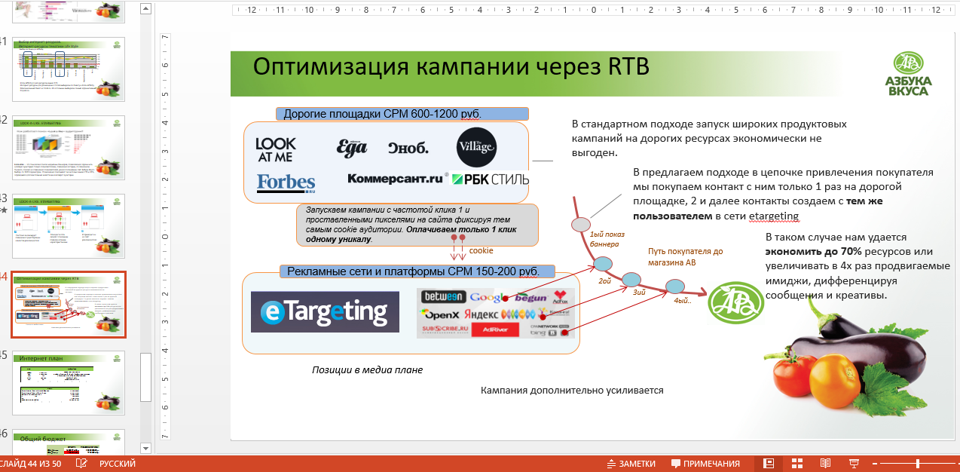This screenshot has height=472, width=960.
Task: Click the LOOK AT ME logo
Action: click(275, 149)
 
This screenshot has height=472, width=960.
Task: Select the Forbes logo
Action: click(286, 183)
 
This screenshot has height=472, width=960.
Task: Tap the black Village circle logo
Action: click(476, 148)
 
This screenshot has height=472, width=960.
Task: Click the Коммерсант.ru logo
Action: click(394, 179)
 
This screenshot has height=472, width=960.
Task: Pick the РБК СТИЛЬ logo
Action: click(490, 179)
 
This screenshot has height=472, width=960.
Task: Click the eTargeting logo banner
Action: click(325, 311)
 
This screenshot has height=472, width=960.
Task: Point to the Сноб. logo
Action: click(408, 148)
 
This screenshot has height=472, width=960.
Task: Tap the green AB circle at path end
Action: click(731, 302)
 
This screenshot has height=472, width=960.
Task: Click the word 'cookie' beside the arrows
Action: click(481, 250)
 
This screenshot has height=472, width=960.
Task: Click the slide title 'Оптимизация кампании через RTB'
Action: click(451, 66)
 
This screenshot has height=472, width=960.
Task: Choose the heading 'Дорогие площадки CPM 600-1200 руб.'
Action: click(381, 115)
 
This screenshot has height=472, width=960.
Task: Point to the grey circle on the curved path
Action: click(580, 224)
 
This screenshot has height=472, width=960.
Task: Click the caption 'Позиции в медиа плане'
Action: click(367, 370)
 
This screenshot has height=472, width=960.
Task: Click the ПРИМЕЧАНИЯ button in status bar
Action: click(705, 464)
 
